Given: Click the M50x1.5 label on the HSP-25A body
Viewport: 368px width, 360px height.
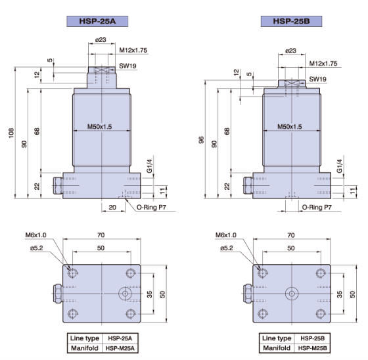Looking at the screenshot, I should point(101,127).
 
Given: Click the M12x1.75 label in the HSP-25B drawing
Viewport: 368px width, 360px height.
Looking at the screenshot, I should point(323,64).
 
